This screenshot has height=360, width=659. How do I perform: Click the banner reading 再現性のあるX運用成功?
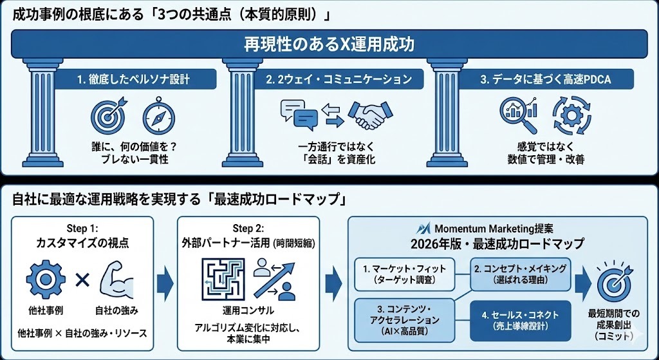click(329, 45)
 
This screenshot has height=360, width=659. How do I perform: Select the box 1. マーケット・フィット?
click(405, 273)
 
